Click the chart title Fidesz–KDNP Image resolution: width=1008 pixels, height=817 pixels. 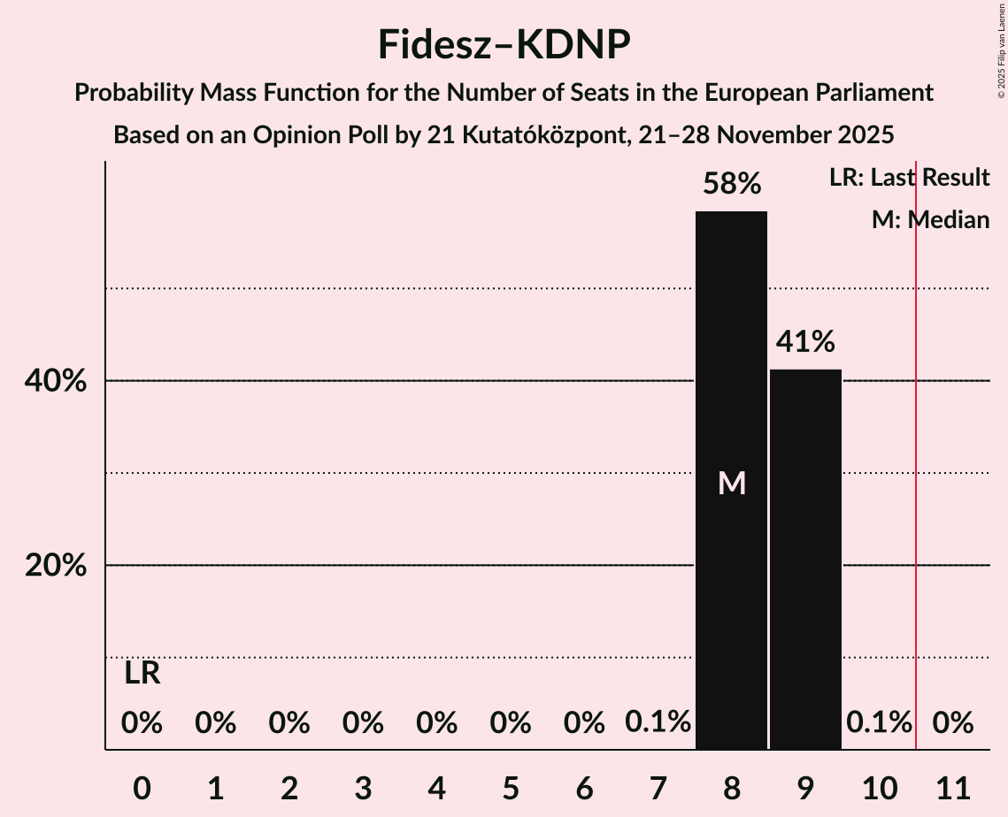point(504,44)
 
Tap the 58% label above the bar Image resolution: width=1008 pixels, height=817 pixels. point(731,184)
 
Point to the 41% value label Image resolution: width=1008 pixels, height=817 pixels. point(805,341)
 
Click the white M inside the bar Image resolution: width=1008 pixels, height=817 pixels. point(731,483)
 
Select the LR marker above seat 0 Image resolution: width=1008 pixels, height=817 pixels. point(142,674)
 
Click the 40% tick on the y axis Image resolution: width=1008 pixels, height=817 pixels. point(56,381)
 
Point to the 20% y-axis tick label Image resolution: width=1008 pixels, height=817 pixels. point(56,565)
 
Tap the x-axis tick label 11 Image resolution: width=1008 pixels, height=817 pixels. point(953,785)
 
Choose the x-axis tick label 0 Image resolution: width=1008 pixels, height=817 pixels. point(142,785)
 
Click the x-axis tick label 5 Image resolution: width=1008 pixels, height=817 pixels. point(511,785)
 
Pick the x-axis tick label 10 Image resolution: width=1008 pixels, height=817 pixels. point(879,785)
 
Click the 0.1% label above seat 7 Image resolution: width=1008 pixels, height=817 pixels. point(658,722)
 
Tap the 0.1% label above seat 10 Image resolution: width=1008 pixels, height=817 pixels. point(879,722)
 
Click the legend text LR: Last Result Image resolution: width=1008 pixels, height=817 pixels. point(909,178)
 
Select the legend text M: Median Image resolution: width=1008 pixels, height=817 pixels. point(930,220)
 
